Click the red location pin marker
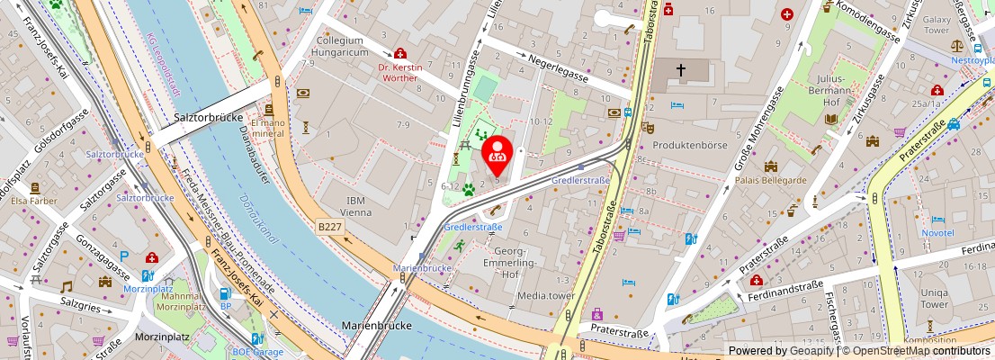(497, 153)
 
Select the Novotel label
(937, 232)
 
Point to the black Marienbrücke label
(376, 324)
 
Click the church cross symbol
(681, 69)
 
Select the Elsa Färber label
(35, 202)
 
